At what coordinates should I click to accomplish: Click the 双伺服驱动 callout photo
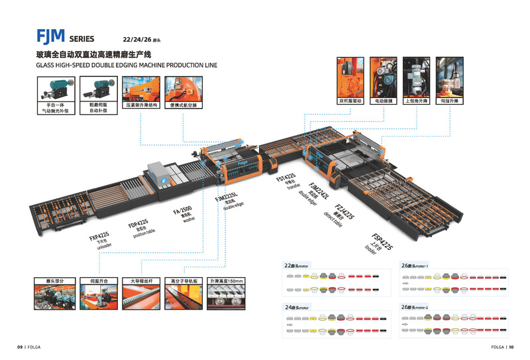point(351,78)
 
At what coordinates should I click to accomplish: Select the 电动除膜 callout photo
point(383,78)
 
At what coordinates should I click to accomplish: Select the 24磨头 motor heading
point(297,308)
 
